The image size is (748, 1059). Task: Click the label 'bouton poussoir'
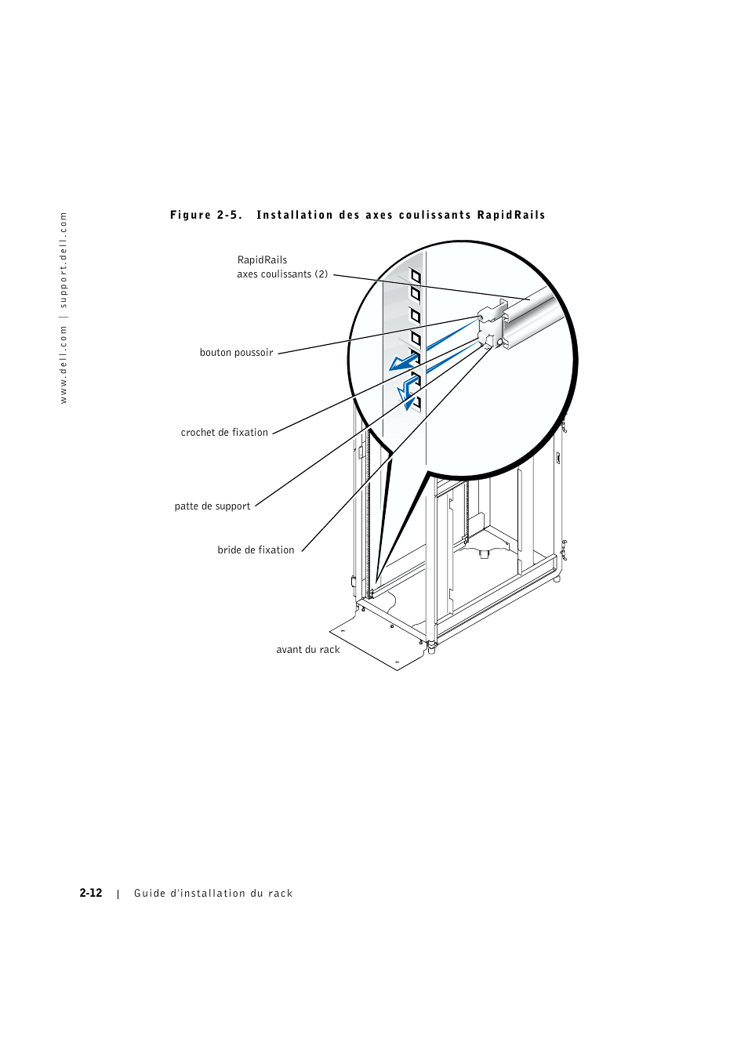click(236, 353)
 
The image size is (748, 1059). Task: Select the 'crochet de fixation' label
click(224, 433)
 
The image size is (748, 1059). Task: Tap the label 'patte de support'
click(212, 506)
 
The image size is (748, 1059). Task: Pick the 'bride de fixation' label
click(256, 550)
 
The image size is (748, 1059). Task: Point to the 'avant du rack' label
click(308, 650)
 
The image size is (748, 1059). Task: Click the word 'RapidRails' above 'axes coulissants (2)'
click(262, 260)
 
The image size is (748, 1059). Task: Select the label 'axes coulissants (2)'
click(282, 274)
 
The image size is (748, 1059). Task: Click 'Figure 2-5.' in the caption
click(206, 216)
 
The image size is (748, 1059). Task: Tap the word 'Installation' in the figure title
click(295, 216)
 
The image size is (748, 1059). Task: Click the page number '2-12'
click(91, 893)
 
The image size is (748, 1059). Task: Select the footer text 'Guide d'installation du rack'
click(213, 894)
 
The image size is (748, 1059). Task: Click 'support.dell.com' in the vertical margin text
click(64, 259)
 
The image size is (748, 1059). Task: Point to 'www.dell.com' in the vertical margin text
click(64, 365)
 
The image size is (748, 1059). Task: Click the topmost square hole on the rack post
click(416, 276)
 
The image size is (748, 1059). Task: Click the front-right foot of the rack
click(431, 649)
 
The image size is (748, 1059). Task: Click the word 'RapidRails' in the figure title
click(511, 216)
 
